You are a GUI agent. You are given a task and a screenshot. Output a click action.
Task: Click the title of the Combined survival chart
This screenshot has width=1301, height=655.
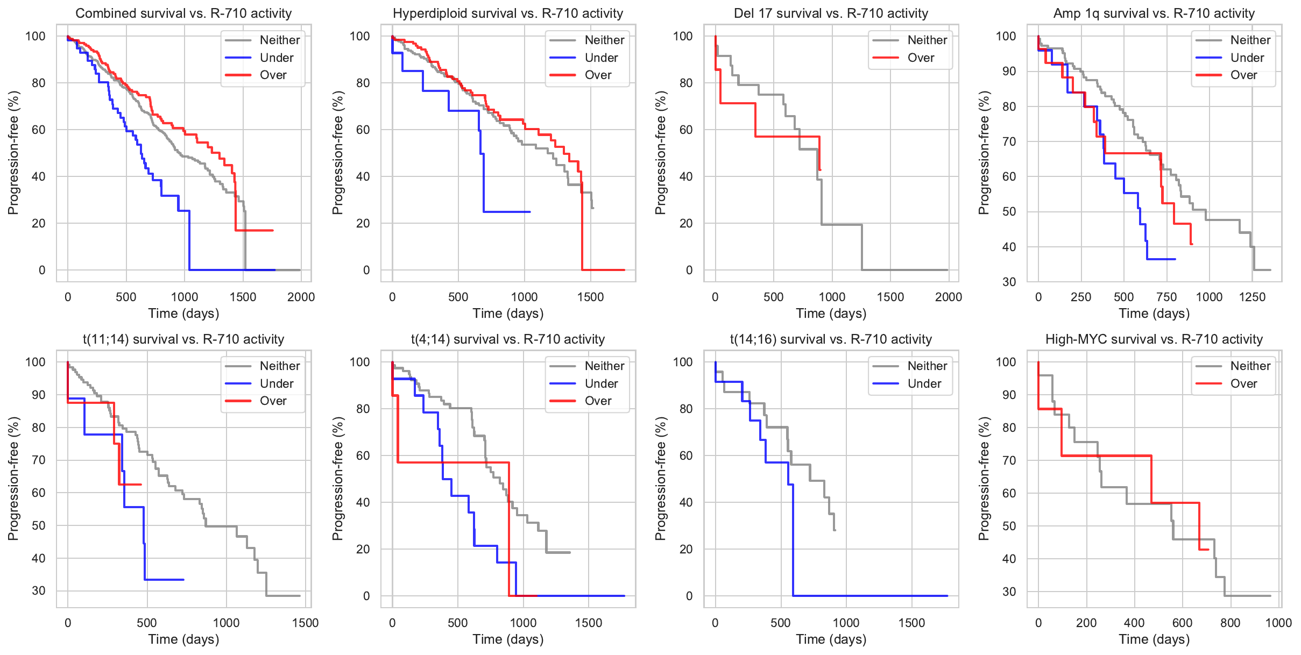(183, 13)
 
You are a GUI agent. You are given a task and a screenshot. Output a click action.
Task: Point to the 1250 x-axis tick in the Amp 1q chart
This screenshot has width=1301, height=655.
(1252, 297)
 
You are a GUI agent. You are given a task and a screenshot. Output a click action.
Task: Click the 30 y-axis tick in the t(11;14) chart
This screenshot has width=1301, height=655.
(39, 590)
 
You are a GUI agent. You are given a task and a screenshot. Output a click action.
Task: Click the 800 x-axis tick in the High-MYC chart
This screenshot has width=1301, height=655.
(1230, 623)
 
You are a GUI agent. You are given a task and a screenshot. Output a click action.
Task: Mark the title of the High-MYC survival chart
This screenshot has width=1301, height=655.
(1154, 339)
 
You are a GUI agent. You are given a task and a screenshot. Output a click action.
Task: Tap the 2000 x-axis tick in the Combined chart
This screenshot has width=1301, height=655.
(301, 297)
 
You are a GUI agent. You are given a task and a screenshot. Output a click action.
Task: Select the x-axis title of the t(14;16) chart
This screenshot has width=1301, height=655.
(831, 639)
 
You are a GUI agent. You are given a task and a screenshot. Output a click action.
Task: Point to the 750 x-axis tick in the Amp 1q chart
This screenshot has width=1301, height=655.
(1166, 297)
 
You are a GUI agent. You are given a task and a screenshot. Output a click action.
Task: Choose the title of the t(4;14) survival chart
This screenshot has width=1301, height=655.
(508, 339)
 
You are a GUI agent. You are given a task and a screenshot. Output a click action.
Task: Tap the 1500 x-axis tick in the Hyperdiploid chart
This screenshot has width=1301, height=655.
(590, 297)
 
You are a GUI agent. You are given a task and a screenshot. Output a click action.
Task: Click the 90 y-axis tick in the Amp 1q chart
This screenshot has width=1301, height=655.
(1006, 71)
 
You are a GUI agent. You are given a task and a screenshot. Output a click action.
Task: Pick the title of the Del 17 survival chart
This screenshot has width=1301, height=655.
(831, 13)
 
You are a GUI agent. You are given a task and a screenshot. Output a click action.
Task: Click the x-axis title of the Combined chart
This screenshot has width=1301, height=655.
(183, 314)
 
